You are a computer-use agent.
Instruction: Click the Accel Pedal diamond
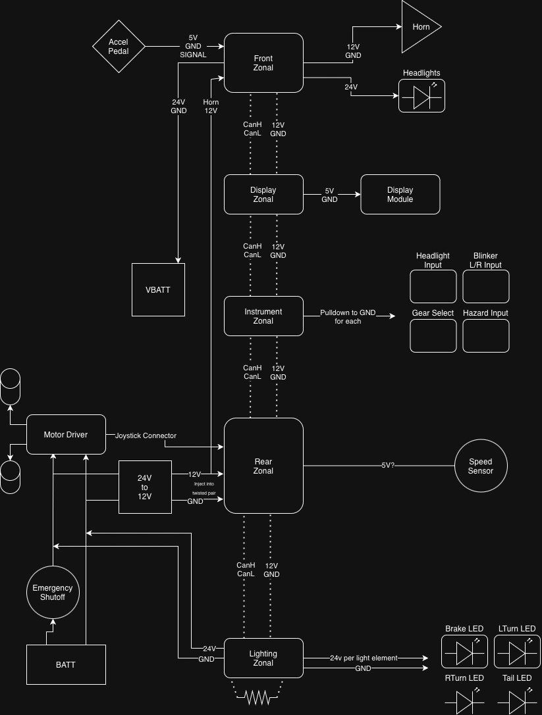pos(119,47)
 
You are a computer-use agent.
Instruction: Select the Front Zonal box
pos(263,63)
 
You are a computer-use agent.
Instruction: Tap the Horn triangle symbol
pos(418,27)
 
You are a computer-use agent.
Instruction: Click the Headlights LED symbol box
pos(421,96)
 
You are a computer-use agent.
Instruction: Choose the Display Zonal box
pos(263,195)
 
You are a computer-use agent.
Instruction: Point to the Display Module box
pos(400,195)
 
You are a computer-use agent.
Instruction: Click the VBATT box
pos(158,289)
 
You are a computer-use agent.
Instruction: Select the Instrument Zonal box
pos(263,316)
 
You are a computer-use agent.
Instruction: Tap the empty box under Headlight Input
pos(433,286)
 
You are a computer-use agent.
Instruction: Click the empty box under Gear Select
pos(433,335)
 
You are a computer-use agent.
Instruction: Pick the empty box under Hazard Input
pos(485,335)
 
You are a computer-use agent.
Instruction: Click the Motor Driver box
pos(66,434)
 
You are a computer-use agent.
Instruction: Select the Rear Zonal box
pos(263,466)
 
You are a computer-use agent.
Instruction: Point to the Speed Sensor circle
pos(480,466)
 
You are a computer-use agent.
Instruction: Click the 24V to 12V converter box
pos(145,487)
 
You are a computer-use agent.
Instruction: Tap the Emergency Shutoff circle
pos(53,592)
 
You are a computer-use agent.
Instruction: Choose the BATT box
pos(66,664)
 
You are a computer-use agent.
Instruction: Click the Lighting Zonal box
pos(263,658)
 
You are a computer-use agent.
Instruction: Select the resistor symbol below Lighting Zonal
pos(257,698)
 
